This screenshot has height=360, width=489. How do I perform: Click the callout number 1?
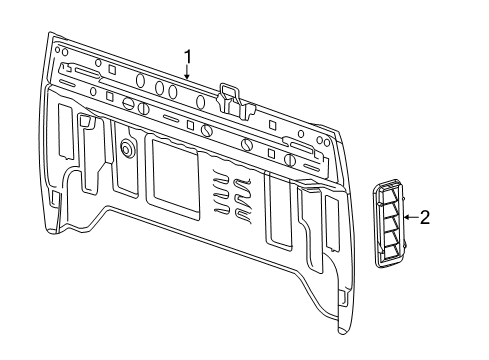(186, 54)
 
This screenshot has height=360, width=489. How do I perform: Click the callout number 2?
(424, 218)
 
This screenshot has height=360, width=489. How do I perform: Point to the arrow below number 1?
(186, 70)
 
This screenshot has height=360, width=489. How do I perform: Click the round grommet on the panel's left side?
(128, 147)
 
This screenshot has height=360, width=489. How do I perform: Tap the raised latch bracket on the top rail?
(231, 94)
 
